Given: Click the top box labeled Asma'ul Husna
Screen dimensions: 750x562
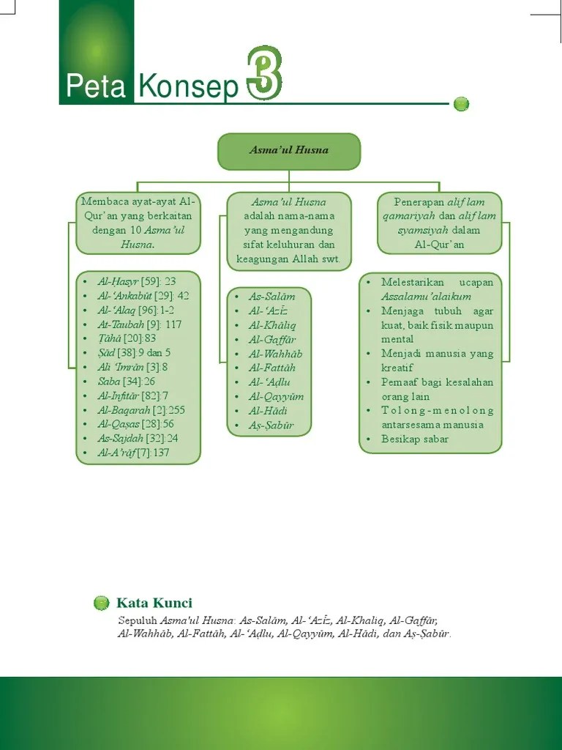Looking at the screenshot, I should click(289, 151).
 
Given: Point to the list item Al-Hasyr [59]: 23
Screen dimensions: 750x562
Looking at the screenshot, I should click(137, 281).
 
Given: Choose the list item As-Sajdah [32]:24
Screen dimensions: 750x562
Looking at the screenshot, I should click(138, 439).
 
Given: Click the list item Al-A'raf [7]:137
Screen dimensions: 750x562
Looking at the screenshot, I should click(133, 453).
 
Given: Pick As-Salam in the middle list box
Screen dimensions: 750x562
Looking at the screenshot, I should click(271, 297).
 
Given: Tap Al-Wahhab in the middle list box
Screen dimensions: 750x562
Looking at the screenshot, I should click(275, 354).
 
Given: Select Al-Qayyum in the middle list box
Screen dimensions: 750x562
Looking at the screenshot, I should click(276, 396).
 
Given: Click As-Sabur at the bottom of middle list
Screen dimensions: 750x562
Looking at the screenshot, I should click(271, 425).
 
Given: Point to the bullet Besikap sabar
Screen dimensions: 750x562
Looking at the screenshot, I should click(414, 439).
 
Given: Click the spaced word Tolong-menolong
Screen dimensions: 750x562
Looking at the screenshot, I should click(438, 411).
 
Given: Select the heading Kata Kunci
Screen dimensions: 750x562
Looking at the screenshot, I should click(154, 604).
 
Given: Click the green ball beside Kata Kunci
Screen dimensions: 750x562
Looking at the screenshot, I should click(102, 604).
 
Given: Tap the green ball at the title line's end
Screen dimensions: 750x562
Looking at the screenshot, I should click(461, 104).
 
